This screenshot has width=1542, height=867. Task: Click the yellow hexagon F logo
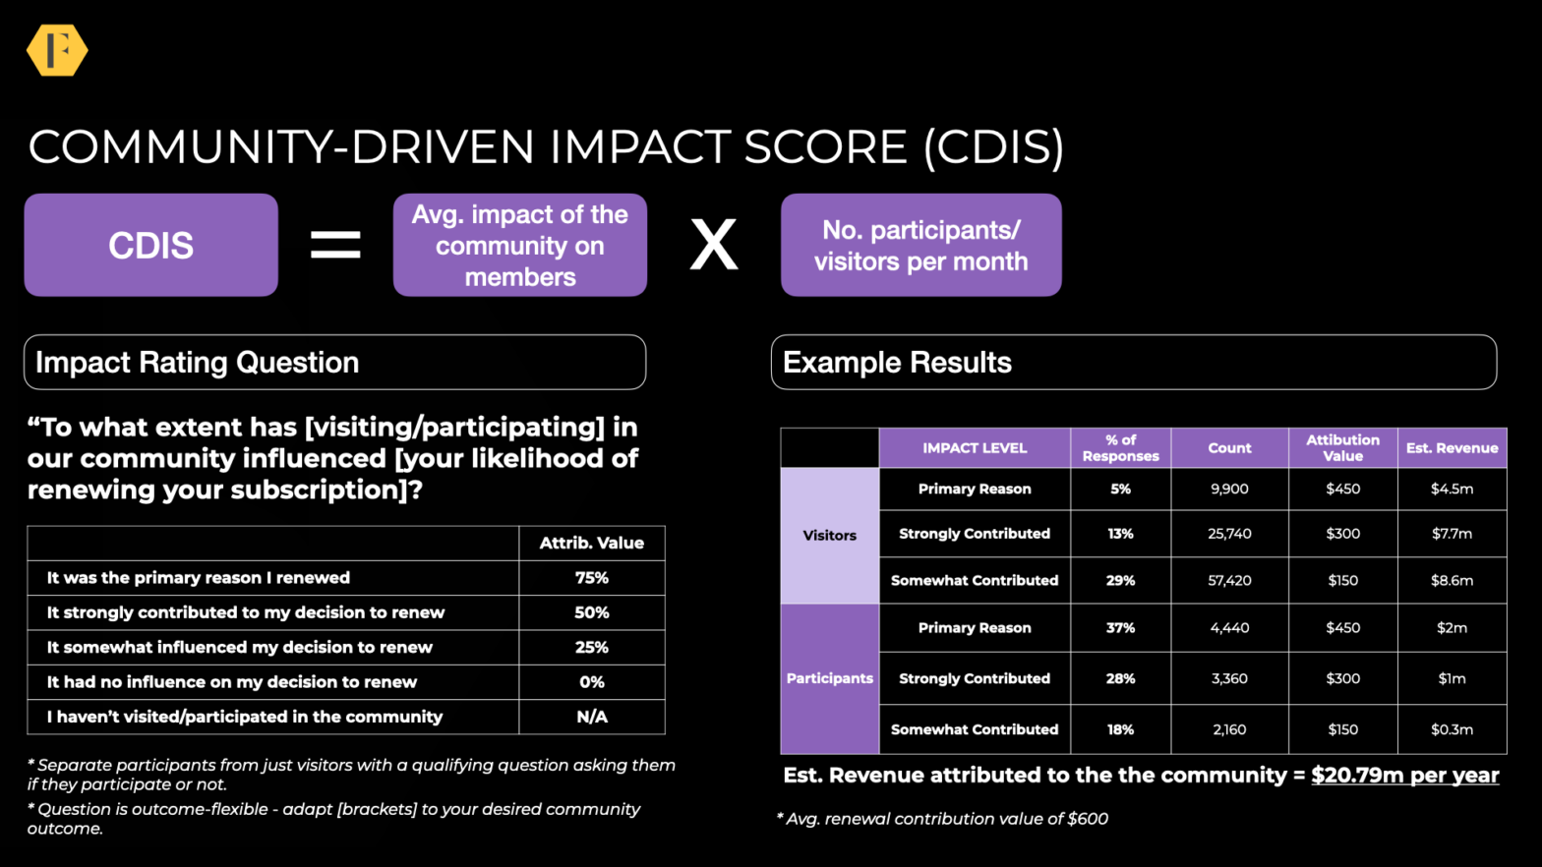point(57,50)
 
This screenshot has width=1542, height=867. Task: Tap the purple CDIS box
point(150,245)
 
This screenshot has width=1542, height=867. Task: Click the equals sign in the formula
point(335,245)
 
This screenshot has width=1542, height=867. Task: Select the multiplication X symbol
point(713,245)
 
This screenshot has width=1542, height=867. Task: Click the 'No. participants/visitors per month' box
point(920,245)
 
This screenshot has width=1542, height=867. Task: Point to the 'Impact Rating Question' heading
point(198,362)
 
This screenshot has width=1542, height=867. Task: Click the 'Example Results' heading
point(897,362)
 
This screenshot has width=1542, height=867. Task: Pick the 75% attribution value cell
point(591,578)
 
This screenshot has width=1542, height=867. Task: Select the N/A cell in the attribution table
point(591,717)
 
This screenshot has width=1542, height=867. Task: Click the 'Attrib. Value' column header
point(591,543)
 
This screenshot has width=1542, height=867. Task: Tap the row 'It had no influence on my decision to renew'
point(232,682)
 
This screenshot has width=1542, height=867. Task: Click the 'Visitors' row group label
point(829,536)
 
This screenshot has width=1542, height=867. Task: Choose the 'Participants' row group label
point(829,678)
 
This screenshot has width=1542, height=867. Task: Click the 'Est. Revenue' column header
point(1452,448)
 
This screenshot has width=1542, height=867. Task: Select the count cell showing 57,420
point(1229,581)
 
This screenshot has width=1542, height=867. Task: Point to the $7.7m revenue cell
point(1452,534)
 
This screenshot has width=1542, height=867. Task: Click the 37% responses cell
point(1120,628)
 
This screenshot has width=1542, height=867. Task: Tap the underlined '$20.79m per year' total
point(1404,775)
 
